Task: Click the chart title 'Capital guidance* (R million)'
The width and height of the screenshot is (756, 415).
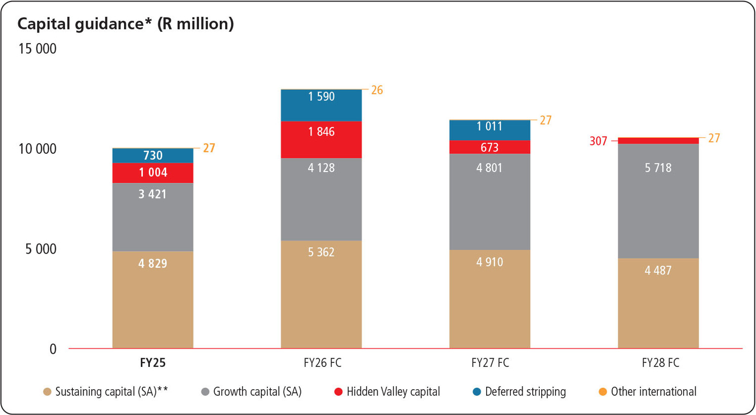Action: tap(126, 24)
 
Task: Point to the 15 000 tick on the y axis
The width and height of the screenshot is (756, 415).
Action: tap(37, 49)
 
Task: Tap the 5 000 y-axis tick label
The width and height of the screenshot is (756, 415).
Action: tap(41, 249)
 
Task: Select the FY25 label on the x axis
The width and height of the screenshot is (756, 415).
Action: tap(152, 363)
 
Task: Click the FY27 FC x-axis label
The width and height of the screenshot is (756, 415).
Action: tap(490, 363)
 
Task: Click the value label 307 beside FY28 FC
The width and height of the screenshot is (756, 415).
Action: tap(598, 141)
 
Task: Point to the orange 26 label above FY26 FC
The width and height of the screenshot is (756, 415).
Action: tap(377, 91)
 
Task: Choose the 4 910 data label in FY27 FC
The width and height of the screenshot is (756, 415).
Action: tap(490, 262)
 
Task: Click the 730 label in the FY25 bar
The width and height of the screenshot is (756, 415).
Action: tap(152, 155)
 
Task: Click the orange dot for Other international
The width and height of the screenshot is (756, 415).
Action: tap(603, 392)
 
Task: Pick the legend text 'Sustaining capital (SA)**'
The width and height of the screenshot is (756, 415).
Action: tap(111, 392)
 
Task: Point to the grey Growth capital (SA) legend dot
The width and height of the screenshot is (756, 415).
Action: tap(205, 392)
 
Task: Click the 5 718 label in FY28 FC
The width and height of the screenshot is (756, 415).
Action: tap(658, 168)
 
